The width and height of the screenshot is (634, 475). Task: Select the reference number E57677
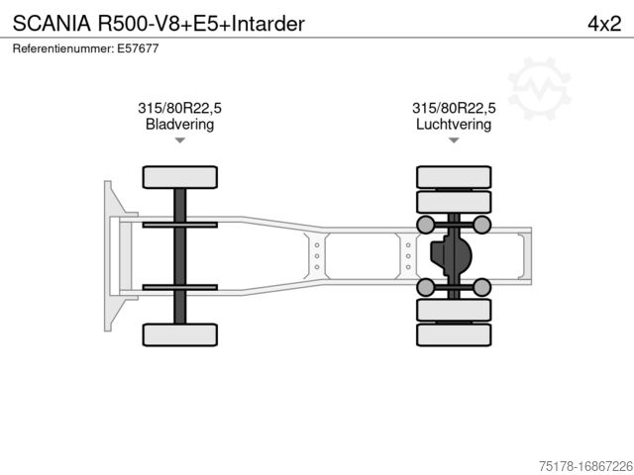click(139, 47)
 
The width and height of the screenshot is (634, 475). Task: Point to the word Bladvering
click(179, 125)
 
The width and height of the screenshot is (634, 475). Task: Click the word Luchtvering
click(453, 125)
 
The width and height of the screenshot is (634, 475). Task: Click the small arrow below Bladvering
click(179, 142)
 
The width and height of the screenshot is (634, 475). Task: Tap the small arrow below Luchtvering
click(453, 142)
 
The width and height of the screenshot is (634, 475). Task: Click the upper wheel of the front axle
click(179, 177)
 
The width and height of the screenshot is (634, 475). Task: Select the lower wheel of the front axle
click(179, 334)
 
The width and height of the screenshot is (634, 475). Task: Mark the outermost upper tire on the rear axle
click(453, 176)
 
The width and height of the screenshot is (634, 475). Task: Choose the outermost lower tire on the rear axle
click(453, 335)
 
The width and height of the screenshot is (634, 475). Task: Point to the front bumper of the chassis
click(108, 255)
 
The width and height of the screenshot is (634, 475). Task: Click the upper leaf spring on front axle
click(179, 226)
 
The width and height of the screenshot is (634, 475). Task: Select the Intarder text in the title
click(268, 22)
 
